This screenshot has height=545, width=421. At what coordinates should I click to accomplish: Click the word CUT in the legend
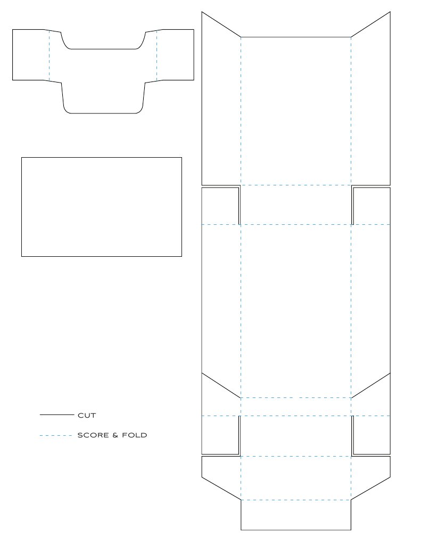(x=87, y=415)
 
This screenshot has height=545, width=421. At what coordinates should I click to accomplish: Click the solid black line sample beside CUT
(x=56, y=414)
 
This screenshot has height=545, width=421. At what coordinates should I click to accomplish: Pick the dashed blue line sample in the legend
(x=55, y=436)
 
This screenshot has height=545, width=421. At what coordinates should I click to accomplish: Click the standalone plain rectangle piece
(x=101, y=207)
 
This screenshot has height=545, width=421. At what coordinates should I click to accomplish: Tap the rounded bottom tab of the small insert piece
(x=104, y=99)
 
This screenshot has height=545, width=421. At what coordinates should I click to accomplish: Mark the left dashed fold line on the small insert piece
(x=49, y=55)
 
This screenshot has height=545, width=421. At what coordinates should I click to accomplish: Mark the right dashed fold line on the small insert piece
(x=157, y=55)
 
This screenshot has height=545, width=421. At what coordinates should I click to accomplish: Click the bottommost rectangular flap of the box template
(x=295, y=515)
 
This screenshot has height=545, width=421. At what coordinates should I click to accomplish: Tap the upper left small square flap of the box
(x=220, y=206)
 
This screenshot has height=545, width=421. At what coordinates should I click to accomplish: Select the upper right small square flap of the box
(x=371, y=206)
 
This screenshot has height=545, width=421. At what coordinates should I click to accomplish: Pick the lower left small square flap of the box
(x=220, y=435)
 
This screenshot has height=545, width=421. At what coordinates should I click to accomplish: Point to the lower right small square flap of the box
(x=371, y=435)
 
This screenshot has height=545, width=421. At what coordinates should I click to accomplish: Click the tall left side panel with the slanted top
(x=221, y=107)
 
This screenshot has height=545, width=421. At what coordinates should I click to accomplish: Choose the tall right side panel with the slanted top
(x=370, y=107)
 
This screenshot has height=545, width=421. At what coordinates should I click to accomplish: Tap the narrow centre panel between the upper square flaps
(x=295, y=205)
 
